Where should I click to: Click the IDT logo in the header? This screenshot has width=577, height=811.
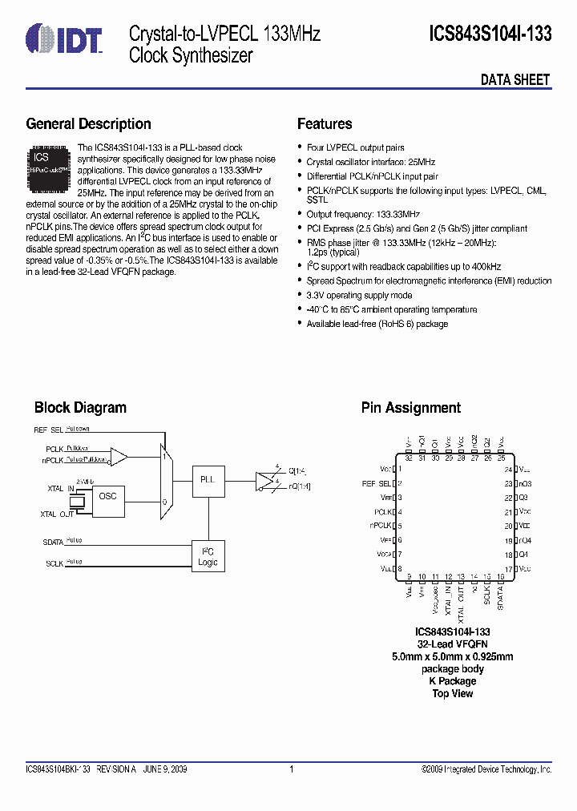tap(64, 37)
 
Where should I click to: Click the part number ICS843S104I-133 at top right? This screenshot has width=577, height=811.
tap(490, 34)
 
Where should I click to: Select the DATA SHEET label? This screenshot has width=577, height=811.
tap(515, 79)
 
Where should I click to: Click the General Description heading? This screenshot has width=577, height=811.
tap(88, 124)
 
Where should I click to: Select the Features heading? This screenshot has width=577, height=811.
tap(325, 124)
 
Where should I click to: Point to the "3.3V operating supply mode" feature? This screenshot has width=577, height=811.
tap(359, 296)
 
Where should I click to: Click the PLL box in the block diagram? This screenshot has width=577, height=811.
tap(208, 479)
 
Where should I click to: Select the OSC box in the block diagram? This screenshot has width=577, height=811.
tap(107, 497)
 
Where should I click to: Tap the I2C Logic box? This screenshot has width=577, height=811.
tap(208, 556)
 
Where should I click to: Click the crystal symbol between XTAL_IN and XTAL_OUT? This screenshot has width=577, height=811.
tap(77, 502)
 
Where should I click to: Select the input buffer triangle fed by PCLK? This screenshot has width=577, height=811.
tap(119, 457)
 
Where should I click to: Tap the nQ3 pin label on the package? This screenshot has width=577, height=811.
tap(525, 483)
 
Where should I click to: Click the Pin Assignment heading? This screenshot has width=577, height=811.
tap(411, 408)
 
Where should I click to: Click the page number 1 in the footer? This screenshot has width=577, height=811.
tap(291, 769)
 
